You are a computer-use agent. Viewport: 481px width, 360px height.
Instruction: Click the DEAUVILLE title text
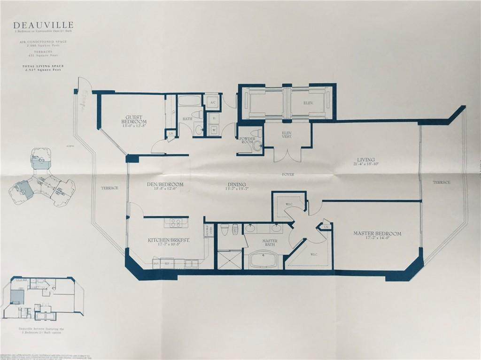point(43,25)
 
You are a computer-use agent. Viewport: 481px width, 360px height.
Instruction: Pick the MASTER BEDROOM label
point(377,233)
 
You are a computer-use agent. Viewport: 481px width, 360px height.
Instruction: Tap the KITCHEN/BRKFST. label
point(169,240)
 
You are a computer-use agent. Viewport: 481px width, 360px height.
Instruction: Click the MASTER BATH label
point(270,243)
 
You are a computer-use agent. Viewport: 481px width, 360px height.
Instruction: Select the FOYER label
point(288,174)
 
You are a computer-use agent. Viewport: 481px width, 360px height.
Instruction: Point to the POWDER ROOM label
point(247,140)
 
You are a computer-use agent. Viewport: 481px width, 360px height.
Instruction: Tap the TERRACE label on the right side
point(441,182)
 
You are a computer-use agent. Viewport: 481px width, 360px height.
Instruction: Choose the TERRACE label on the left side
point(109,188)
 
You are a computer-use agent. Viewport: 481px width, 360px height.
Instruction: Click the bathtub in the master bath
point(264,260)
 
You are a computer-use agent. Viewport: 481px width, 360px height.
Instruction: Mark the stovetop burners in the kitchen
point(176,222)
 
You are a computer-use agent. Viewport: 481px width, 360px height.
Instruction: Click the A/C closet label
point(212,102)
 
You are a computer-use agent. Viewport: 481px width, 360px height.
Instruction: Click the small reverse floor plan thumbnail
point(42,298)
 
